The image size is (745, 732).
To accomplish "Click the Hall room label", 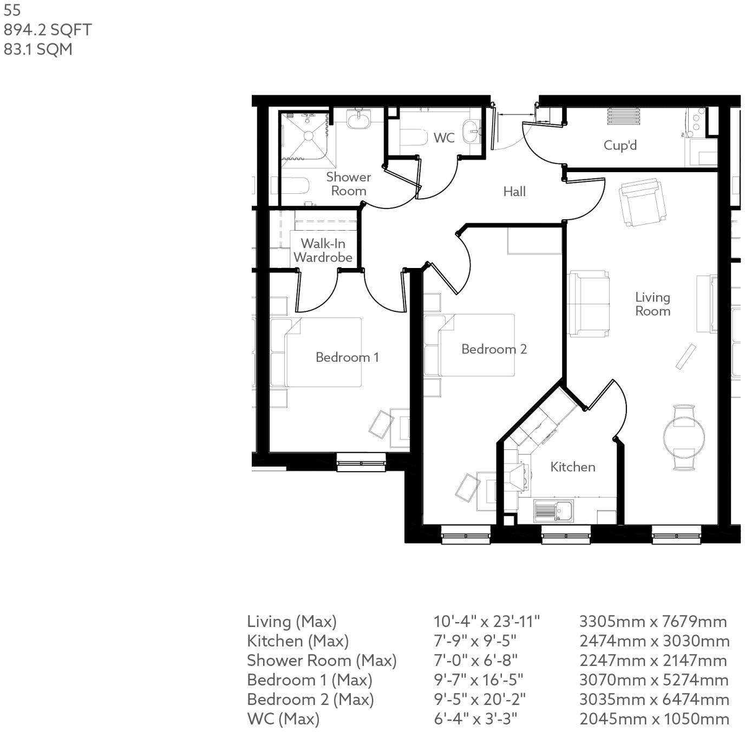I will (x=514, y=191).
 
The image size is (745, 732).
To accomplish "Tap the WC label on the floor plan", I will (x=443, y=138).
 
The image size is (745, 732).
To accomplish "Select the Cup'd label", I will (x=620, y=145).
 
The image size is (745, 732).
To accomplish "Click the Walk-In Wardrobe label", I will (x=323, y=251).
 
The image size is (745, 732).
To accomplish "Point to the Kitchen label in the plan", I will (x=572, y=467).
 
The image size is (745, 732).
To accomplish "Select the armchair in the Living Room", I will (x=642, y=204).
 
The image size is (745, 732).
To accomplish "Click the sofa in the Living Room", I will (x=589, y=303).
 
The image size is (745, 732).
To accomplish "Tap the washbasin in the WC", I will (x=472, y=130).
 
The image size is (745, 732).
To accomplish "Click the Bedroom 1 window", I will (x=361, y=462).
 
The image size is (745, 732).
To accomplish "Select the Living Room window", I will (x=677, y=536).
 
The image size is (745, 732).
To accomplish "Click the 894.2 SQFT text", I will (x=48, y=30).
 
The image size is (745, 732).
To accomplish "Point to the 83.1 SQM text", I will (x=38, y=49).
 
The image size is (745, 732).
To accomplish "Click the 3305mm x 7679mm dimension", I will (x=653, y=622).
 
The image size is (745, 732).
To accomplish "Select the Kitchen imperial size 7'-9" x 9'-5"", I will (x=475, y=641).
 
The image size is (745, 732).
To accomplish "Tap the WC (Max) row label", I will (x=283, y=719).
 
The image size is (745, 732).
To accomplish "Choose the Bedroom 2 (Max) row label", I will (x=310, y=700).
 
